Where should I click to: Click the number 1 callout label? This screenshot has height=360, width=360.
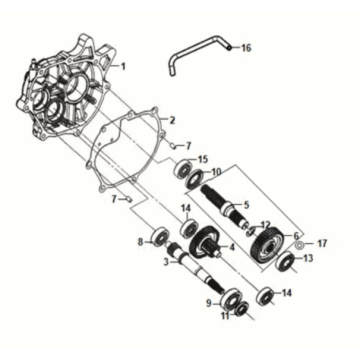coord(124,66)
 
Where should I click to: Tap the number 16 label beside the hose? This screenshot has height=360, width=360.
coord(246,48)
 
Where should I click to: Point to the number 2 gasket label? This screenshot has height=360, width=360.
coord(171,120)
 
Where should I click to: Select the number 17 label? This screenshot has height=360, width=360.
coord(322,243)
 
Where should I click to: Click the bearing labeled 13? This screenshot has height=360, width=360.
coord(285,263)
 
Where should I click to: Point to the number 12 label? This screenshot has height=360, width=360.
coord(266,225)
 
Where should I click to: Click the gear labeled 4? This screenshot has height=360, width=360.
coord(207,245)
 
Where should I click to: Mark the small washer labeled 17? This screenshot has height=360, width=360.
coord(299,246)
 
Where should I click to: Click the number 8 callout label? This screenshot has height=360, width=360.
coord(141,241)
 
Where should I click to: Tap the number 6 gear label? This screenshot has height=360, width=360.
coord(297,234)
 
